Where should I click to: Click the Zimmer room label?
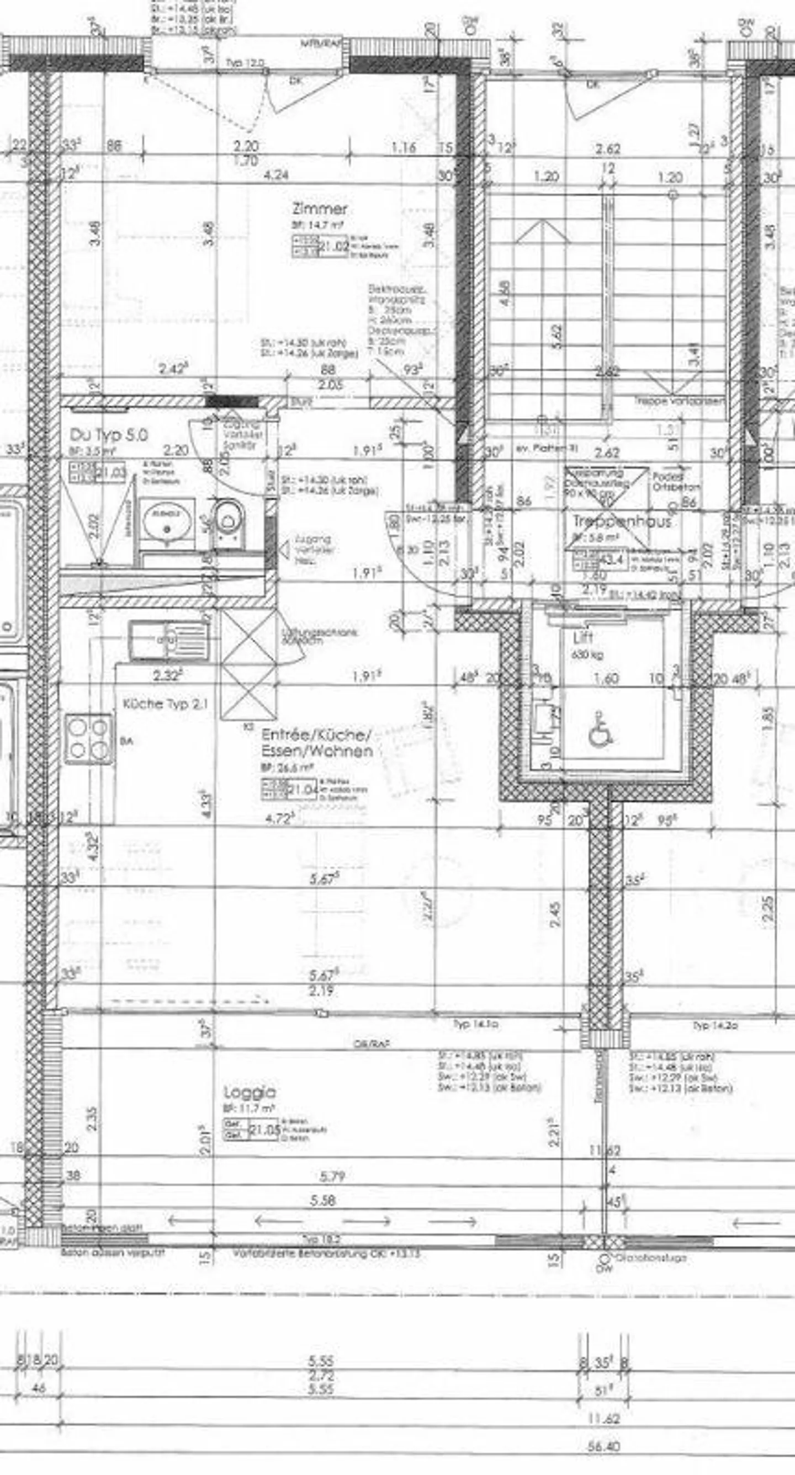pyautogui.click(x=319, y=209)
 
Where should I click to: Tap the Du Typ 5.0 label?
pyautogui.click(x=109, y=435)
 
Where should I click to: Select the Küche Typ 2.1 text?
pyautogui.click(x=166, y=704)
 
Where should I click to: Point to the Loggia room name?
pyautogui.click(x=250, y=1093)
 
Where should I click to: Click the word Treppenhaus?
pyautogui.click(x=622, y=521)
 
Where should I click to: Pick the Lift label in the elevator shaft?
pyautogui.click(x=583, y=637)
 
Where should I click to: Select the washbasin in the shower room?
pyautogui.click(x=166, y=521)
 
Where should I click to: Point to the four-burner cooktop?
pyautogui.click(x=89, y=739)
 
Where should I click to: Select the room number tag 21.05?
pyautogui.click(x=264, y=1130)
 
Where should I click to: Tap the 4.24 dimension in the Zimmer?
pyautogui.click(x=275, y=174)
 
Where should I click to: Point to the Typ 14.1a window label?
pyautogui.click(x=475, y=1024)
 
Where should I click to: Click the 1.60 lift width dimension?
pyautogui.click(x=606, y=679)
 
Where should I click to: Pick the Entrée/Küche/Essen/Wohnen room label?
pyautogui.click(x=317, y=743)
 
